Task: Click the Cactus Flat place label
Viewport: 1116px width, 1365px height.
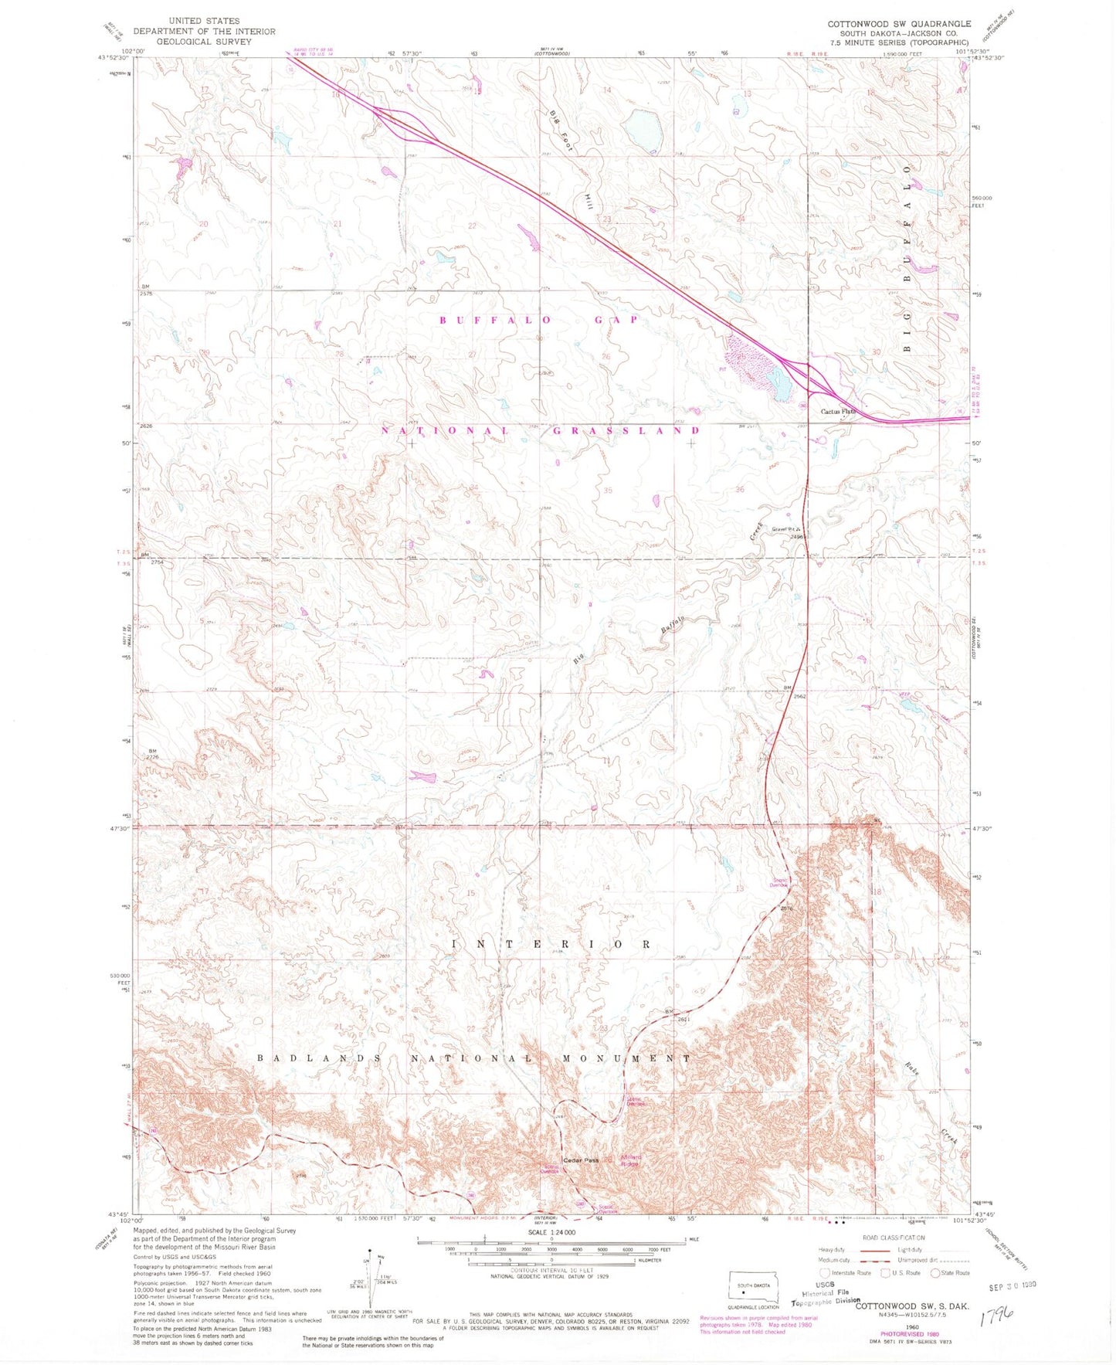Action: click(838, 411)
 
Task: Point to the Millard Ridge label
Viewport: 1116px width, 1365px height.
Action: click(629, 1160)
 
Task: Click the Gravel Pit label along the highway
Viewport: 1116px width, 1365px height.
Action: click(782, 529)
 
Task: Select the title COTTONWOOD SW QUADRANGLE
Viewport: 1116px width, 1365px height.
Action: click(899, 24)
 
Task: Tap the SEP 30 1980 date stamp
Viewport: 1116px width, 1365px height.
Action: click(1012, 1285)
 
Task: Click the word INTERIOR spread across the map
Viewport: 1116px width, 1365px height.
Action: click(551, 944)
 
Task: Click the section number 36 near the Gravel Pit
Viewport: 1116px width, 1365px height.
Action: click(740, 490)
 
